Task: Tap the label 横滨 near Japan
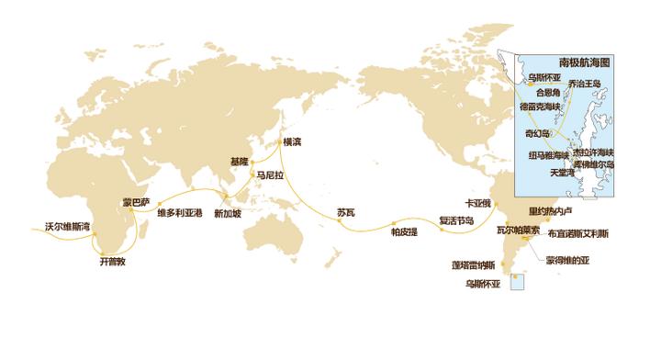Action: click(x=292, y=142)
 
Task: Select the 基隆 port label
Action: click(x=240, y=161)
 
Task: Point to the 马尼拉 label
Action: click(x=271, y=174)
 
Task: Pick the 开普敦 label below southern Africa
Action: click(x=111, y=262)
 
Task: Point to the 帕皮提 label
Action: click(x=405, y=231)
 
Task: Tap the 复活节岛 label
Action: click(x=456, y=221)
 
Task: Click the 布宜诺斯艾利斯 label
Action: click(x=577, y=234)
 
